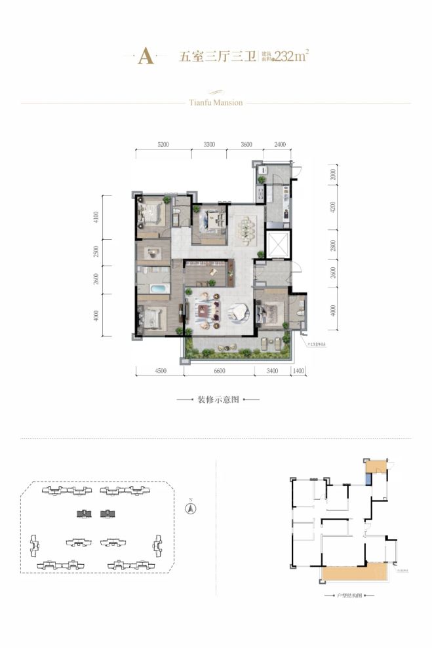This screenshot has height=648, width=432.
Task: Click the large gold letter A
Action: tap(146, 57)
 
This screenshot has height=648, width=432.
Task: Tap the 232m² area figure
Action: tap(292, 56)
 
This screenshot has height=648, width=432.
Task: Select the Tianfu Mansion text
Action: tap(216, 103)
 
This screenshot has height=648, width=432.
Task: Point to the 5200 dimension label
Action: tap(163, 144)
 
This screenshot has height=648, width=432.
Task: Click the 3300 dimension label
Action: tap(209, 144)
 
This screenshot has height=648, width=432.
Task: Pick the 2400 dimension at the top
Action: tap(280, 144)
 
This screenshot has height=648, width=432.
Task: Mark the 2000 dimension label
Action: tap(334, 175)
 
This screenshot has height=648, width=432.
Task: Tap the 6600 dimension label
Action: tap(219, 372)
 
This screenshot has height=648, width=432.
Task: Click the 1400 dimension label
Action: tap(299, 372)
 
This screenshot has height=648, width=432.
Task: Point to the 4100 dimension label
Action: tap(96, 217)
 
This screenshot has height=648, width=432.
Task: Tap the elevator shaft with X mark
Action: tap(277, 244)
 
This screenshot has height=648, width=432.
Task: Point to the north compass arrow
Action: tap(189, 506)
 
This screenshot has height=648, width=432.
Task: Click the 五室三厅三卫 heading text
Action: tap(206, 57)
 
